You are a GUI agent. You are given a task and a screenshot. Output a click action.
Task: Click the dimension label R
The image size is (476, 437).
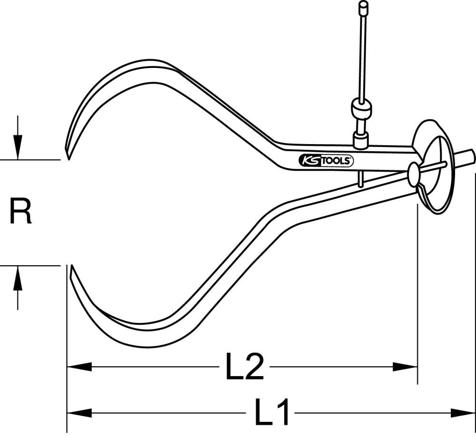[20, 213]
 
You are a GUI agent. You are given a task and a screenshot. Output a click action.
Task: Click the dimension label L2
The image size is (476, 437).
[244, 367]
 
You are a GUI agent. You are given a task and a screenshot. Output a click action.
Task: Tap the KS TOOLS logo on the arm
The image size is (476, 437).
[327, 161]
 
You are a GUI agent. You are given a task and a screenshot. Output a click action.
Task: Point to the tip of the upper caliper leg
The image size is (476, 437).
[68, 157]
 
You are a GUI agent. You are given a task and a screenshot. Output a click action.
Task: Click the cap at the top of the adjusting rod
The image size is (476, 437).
[364, 7]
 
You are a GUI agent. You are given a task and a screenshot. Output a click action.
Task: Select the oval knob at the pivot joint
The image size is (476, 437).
[413, 175]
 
